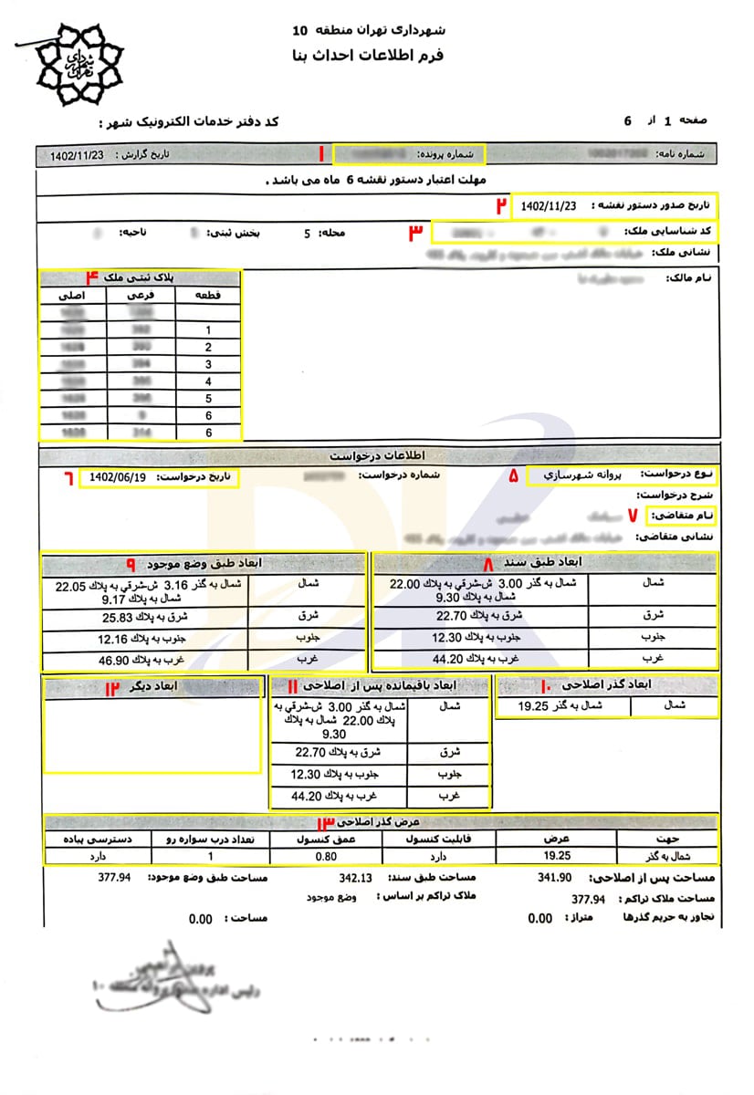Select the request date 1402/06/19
tap(119, 477)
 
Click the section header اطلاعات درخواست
tap(376, 454)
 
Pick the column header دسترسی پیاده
tap(97, 838)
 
